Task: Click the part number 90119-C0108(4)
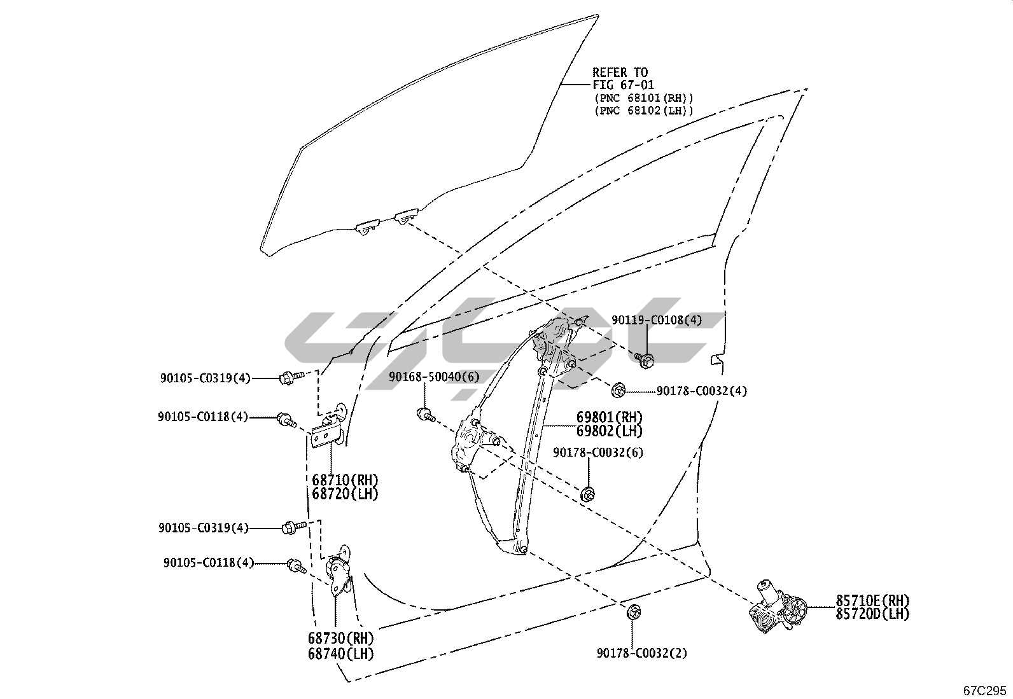click(x=657, y=321)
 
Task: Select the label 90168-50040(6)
click(x=434, y=377)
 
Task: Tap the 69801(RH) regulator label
click(x=610, y=418)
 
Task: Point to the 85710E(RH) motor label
click(x=872, y=600)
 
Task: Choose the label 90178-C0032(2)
click(x=642, y=653)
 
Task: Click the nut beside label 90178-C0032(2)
click(x=633, y=612)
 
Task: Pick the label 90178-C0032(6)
click(x=598, y=452)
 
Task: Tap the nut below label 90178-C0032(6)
click(x=588, y=493)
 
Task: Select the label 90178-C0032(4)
click(x=702, y=391)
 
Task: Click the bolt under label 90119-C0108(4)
click(x=644, y=360)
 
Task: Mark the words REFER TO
click(x=620, y=73)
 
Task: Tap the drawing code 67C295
click(x=984, y=690)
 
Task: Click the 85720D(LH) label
click(x=872, y=614)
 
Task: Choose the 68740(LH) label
click(x=340, y=653)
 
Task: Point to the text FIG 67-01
click(x=615, y=85)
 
